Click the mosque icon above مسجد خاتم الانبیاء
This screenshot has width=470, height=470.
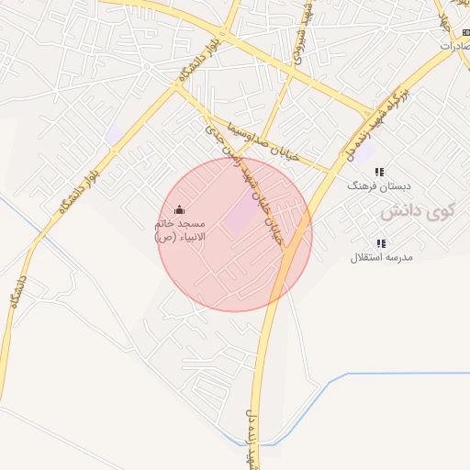click(178, 208)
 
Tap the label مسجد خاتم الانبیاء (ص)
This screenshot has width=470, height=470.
click(179, 229)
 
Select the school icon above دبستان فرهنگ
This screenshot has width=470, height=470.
click(380, 172)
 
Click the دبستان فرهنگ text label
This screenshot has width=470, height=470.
click(371, 185)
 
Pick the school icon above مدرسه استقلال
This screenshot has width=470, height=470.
click(381, 243)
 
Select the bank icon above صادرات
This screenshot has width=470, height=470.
click(465, 32)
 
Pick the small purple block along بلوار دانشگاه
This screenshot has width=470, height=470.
click(114, 136)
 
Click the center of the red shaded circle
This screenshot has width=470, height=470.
click(235, 234)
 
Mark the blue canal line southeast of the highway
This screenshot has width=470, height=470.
click(367, 374)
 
